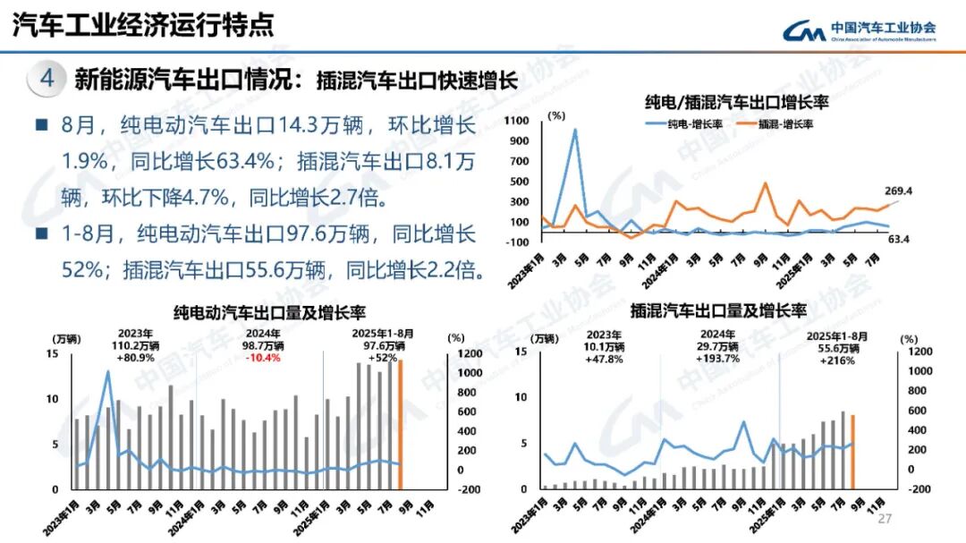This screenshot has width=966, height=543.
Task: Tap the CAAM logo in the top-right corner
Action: [860, 31]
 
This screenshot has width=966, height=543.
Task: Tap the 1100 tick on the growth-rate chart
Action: [517, 120]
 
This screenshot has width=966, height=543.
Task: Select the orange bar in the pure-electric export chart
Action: [401, 425]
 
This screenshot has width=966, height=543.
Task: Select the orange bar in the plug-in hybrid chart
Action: [852, 452]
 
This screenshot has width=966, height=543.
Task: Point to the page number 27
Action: [885, 520]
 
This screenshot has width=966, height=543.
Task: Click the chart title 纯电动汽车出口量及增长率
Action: [268, 313]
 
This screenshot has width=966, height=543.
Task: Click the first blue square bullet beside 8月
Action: [41, 125]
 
